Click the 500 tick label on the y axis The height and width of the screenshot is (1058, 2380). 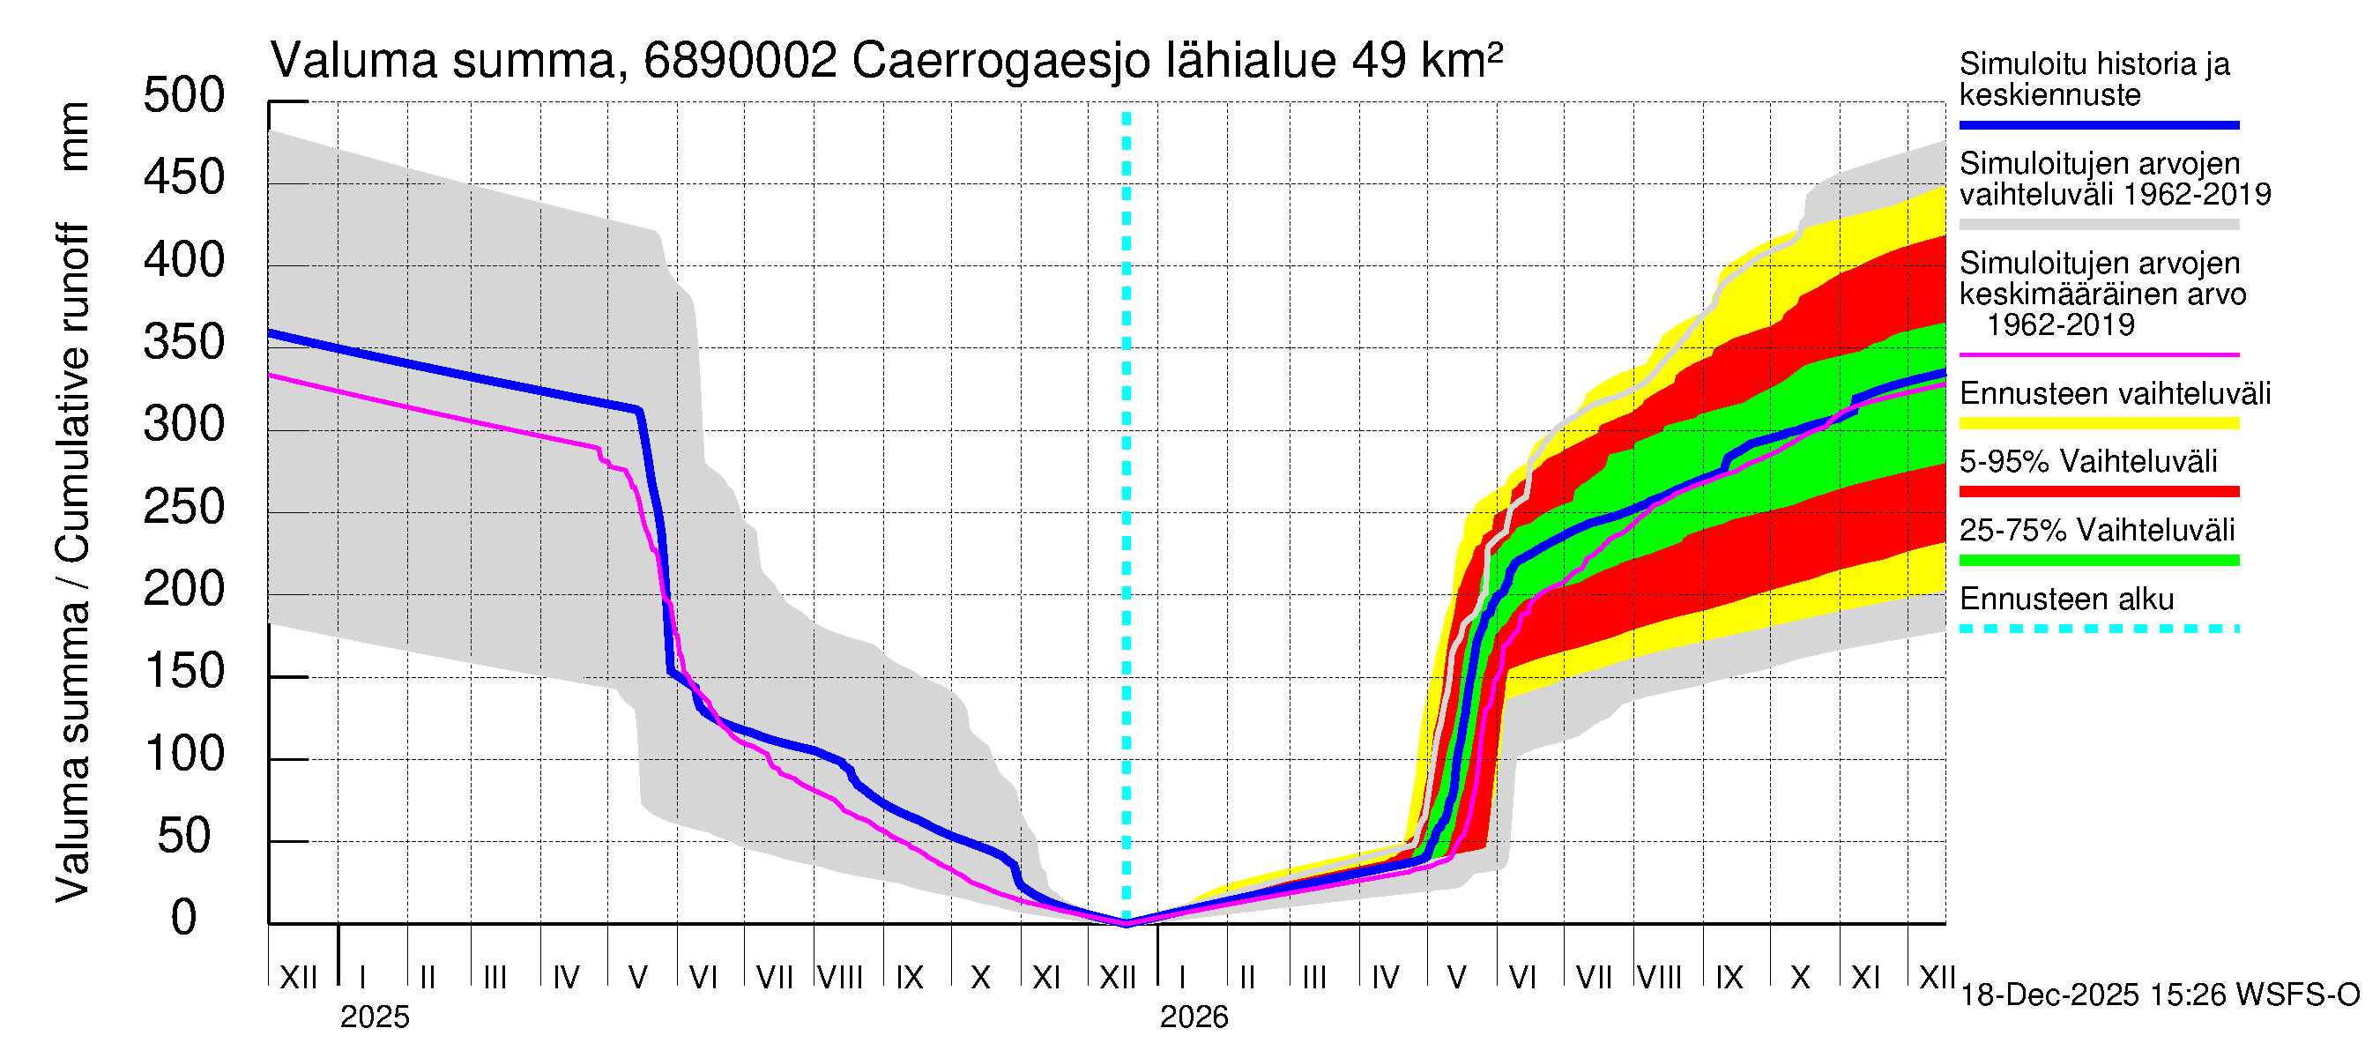click(x=184, y=96)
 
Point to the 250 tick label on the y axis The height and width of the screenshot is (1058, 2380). click(x=184, y=507)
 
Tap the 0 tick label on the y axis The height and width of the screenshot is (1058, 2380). click(x=184, y=918)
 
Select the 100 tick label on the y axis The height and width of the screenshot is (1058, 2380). click(x=184, y=754)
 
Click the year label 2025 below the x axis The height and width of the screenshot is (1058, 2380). click(x=374, y=1017)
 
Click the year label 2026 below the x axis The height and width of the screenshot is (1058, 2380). click(x=1194, y=1017)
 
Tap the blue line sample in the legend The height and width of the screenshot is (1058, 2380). click(x=2098, y=124)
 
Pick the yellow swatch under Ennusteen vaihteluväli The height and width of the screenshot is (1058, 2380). click(x=2098, y=423)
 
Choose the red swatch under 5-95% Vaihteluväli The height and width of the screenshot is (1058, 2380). click(x=2098, y=492)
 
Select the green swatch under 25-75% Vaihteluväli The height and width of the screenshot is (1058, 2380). click(x=2098, y=560)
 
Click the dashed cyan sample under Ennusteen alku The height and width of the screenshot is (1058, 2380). click(x=2098, y=629)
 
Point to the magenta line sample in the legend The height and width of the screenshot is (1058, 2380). click(x=2098, y=354)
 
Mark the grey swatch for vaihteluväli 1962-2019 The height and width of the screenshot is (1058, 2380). click(x=2098, y=225)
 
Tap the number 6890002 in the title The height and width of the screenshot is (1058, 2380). click(x=740, y=62)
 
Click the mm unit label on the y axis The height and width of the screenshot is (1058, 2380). click(x=74, y=137)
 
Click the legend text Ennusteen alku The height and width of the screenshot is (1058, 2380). click(x=2067, y=599)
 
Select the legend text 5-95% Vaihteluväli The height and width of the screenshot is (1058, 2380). click(x=2088, y=461)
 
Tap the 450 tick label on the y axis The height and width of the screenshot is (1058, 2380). click(x=184, y=178)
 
